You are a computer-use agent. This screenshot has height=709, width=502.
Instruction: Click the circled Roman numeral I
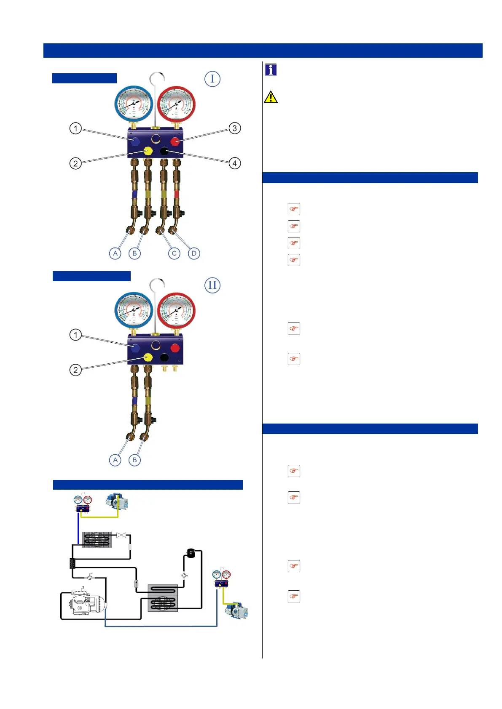212,79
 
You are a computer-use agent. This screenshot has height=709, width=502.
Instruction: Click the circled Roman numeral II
212,285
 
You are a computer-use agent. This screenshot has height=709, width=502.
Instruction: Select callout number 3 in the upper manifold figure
235,128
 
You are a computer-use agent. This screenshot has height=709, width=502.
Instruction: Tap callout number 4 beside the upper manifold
235,163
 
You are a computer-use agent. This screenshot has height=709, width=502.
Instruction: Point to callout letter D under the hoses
194,253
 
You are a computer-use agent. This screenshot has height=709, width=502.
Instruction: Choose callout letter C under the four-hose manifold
174,253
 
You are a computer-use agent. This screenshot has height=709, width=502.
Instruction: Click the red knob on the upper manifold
175,141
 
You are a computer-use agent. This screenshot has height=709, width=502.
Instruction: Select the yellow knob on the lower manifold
148,357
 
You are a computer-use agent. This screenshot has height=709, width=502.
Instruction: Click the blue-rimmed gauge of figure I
134,104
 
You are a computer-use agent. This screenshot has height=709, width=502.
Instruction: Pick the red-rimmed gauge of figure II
176,311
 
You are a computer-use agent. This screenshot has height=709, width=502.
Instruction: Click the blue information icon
271,69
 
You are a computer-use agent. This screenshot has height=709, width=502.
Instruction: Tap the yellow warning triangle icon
271,97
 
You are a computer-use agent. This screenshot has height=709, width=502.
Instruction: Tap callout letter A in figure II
115,460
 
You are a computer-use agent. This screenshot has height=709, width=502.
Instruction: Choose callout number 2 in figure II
75,370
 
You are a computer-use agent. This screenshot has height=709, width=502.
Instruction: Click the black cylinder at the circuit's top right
191,553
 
